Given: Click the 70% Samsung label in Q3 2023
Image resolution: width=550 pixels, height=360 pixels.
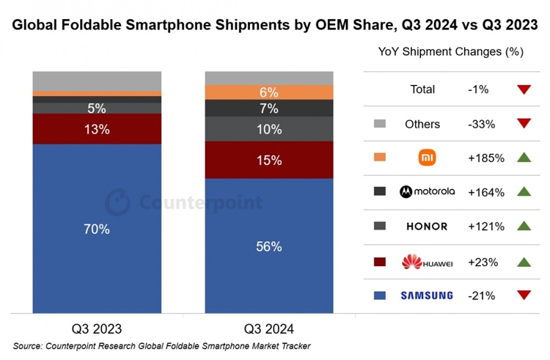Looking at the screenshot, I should [x=97, y=229].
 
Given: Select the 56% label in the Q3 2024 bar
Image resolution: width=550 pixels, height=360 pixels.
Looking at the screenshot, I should [x=269, y=247].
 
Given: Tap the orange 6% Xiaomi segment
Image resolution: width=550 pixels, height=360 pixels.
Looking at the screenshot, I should [x=269, y=92].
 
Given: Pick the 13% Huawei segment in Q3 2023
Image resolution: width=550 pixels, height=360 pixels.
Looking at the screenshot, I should [x=97, y=129].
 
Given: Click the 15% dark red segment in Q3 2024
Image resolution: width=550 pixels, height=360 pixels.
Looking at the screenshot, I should [x=269, y=160].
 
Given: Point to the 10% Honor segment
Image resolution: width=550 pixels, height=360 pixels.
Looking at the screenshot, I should [x=269, y=129].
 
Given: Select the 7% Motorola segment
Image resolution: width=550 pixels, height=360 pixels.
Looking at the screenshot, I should [x=269, y=109].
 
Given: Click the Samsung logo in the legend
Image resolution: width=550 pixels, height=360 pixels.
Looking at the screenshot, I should [x=426, y=295].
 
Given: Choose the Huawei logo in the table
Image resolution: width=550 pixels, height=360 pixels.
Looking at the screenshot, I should [x=426, y=261].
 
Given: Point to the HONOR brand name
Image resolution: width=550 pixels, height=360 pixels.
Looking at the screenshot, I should [x=426, y=227].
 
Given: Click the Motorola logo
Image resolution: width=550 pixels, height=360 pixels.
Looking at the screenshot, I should [x=426, y=191].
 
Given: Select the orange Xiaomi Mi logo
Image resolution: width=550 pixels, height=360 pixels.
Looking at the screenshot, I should [x=427, y=158].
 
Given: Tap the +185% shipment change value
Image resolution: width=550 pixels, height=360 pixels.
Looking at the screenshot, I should [x=486, y=158].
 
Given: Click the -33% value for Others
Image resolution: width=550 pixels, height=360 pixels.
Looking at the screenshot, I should [x=481, y=124].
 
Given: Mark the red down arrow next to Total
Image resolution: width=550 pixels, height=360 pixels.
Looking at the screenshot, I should [x=523, y=89].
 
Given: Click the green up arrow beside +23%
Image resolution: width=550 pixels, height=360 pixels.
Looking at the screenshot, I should [x=523, y=261].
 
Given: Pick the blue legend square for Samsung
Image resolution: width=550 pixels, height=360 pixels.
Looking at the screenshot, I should [x=379, y=295].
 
